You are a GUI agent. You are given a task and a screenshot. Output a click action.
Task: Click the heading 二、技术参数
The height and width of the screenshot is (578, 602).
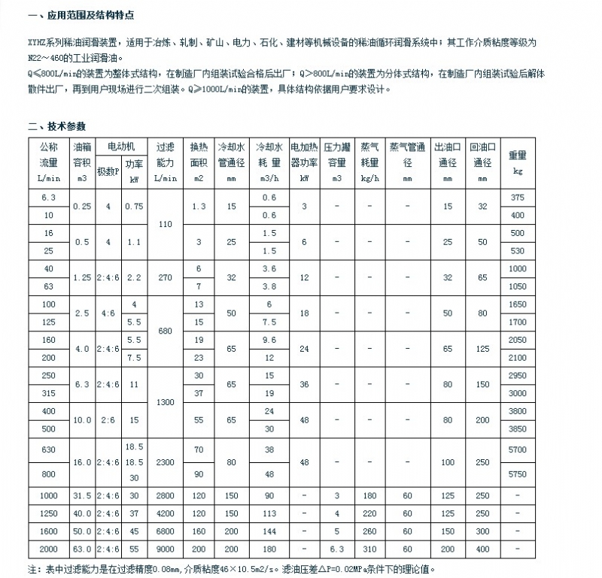pyautogui.click(x=57, y=126)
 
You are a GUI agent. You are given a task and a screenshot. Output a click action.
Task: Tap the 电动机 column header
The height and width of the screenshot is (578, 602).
pyautogui.click(x=121, y=146)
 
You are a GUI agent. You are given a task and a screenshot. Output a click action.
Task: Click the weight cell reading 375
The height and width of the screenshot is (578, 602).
pyautogui.click(x=517, y=198)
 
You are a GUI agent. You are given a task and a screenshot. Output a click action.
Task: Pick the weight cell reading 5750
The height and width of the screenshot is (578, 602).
pyautogui.click(x=517, y=475)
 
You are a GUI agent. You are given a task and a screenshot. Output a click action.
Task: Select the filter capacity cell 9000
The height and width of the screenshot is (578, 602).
pyautogui.click(x=165, y=549)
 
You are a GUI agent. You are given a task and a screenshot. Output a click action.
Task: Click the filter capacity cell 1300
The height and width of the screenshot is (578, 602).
pyautogui.click(x=165, y=402)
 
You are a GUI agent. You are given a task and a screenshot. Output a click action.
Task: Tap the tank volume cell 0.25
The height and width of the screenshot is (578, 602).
pyautogui.click(x=81, y=206)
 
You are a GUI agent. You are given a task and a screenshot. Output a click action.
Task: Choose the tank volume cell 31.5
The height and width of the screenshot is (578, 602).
pyautogui.click(x=81, y=496)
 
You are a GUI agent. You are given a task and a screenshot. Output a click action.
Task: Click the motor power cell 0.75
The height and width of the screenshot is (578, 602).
pyautogui.click(x=135, y=206)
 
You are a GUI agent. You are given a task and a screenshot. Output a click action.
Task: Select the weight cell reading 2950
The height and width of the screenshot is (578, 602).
pyautogui.click(x=517, y=375)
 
